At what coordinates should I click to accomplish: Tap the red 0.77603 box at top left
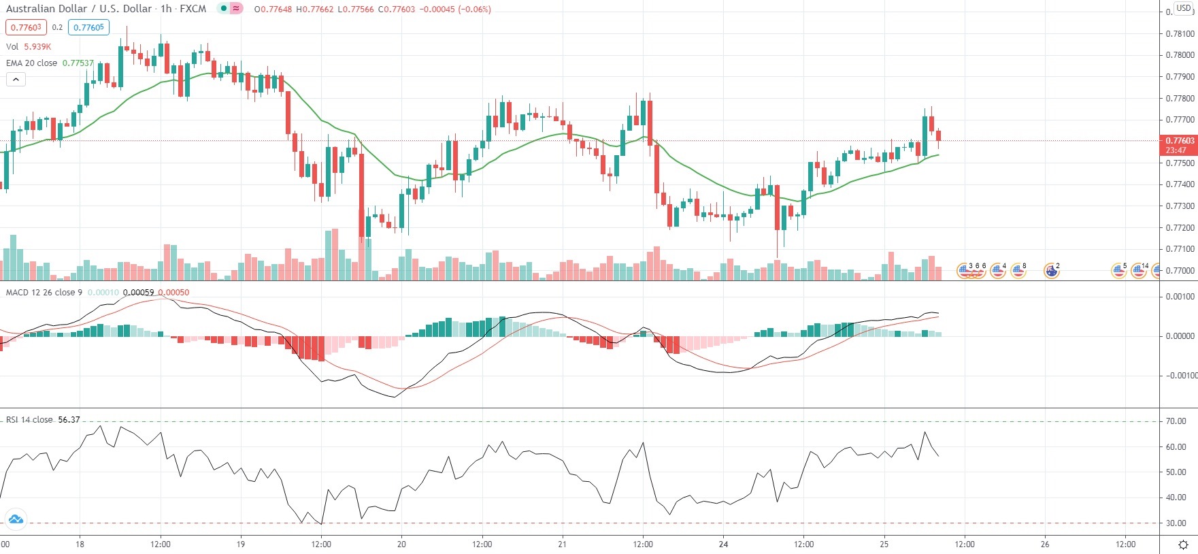click(x=26, y=27)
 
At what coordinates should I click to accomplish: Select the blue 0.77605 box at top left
click(x=88, y=27)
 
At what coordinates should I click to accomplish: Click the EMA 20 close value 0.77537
click(x=78, y=63)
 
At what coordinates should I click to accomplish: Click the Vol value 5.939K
click(x=37, y=46)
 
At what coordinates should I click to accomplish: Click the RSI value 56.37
click(x=69, y=420)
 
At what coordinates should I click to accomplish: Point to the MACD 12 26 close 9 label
click(x=44, y=293)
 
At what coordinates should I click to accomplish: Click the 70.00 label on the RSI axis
click(x=1176, y=421)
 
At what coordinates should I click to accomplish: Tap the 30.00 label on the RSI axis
click(x=1176, y=523)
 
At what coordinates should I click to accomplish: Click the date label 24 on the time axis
click(x=723, y=544)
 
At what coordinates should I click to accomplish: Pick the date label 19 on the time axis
click(x=241, y=544)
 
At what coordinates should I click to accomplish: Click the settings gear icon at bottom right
click(x=1183, y=544)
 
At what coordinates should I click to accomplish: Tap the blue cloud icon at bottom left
click(x=15, y=519)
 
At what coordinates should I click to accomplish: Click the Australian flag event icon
click(x=1051, y=272)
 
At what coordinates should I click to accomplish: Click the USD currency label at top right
click(x=1184, y=8)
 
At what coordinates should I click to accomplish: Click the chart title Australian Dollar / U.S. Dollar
click(x=79, y=9)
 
